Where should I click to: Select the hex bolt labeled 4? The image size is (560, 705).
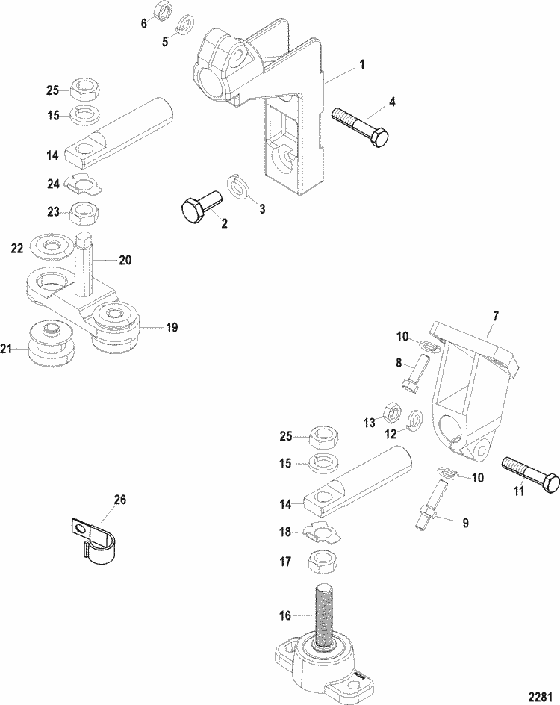[360, 127]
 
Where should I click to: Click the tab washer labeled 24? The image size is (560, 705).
[82, 182]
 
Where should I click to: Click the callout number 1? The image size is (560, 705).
[361, 65]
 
